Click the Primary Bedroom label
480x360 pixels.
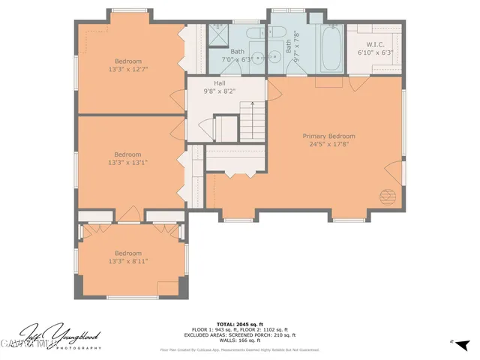[x=328, y=136]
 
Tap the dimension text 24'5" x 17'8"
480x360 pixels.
[x=328, y=145]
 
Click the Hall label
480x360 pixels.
[x=219, y=84]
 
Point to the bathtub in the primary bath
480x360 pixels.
[x=331, y=48]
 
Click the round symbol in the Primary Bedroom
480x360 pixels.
[x=388, y=196]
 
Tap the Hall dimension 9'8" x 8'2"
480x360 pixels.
[x=219, y=92]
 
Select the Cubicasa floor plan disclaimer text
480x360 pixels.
[x=239, y=349]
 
